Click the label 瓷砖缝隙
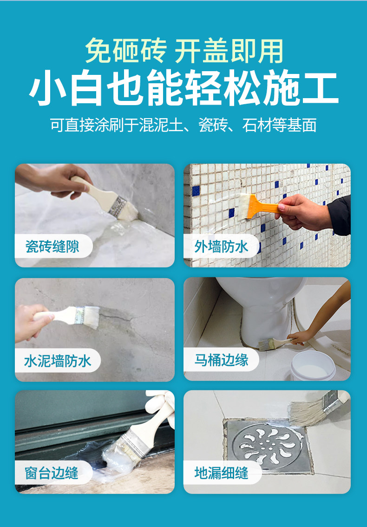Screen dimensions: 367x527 (x=52, y=247)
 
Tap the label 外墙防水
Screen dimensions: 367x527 (x=221, y=247)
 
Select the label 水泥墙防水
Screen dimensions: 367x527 (x=58, y=361)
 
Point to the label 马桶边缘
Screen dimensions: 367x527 (x=221, y=360)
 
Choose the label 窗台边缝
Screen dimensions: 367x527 (x=52, y=473)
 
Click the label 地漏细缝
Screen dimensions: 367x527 (x=221, y=473)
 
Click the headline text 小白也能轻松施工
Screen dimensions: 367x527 (x=183, y=88)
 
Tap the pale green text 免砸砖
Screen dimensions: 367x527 (x=125, y=51)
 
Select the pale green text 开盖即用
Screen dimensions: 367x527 (x=229, y=51)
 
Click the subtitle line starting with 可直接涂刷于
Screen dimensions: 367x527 (x=183, y=125)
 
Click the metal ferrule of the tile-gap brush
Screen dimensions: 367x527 (x=117, y=206)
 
